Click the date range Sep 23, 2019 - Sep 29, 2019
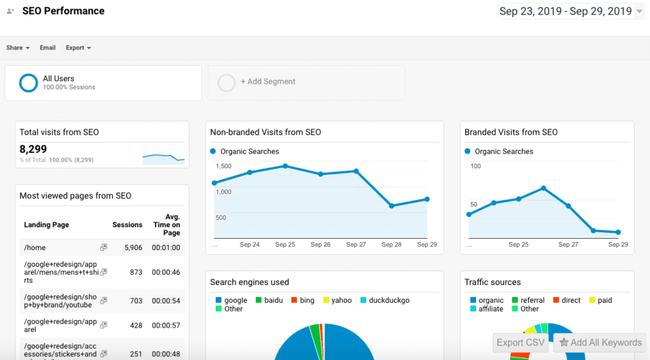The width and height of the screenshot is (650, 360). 566,11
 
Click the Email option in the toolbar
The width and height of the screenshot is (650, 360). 48,48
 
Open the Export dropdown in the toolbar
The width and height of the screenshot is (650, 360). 78,48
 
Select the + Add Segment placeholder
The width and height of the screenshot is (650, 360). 268,82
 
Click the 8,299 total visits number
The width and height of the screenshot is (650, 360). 34,149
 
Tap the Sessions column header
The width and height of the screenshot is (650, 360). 127,225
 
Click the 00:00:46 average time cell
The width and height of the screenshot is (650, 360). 166,272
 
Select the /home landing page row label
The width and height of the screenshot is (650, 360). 35,248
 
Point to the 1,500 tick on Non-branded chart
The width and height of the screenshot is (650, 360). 223,166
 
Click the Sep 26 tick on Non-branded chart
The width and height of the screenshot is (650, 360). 321,244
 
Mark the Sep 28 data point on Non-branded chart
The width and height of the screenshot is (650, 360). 392,206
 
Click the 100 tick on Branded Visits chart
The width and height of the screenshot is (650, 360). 475,166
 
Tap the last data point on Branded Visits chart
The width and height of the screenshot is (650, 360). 618,232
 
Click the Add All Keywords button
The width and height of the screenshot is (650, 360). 600,342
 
